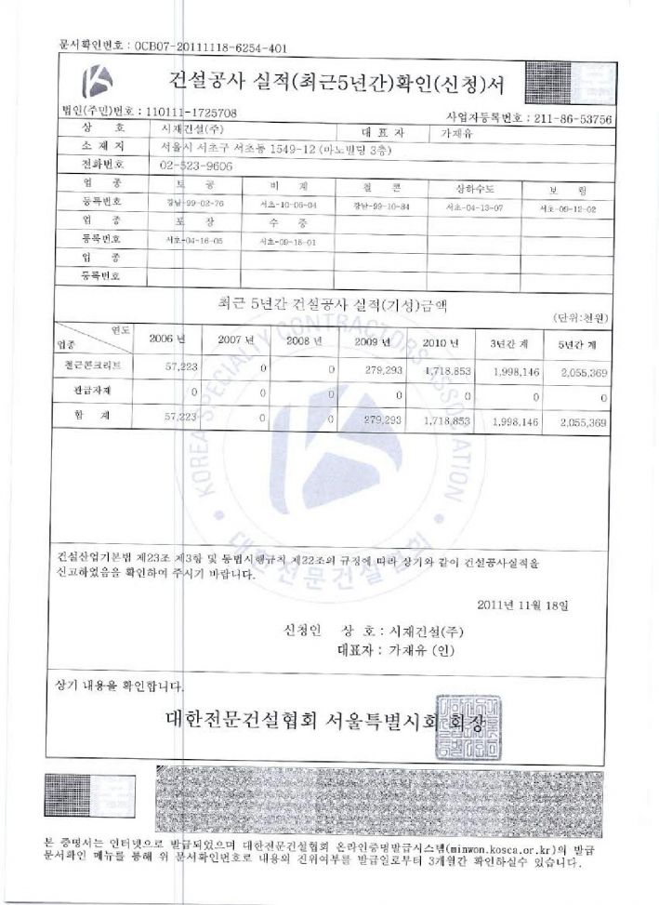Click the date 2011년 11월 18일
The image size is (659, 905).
click(x=521, y=604)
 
